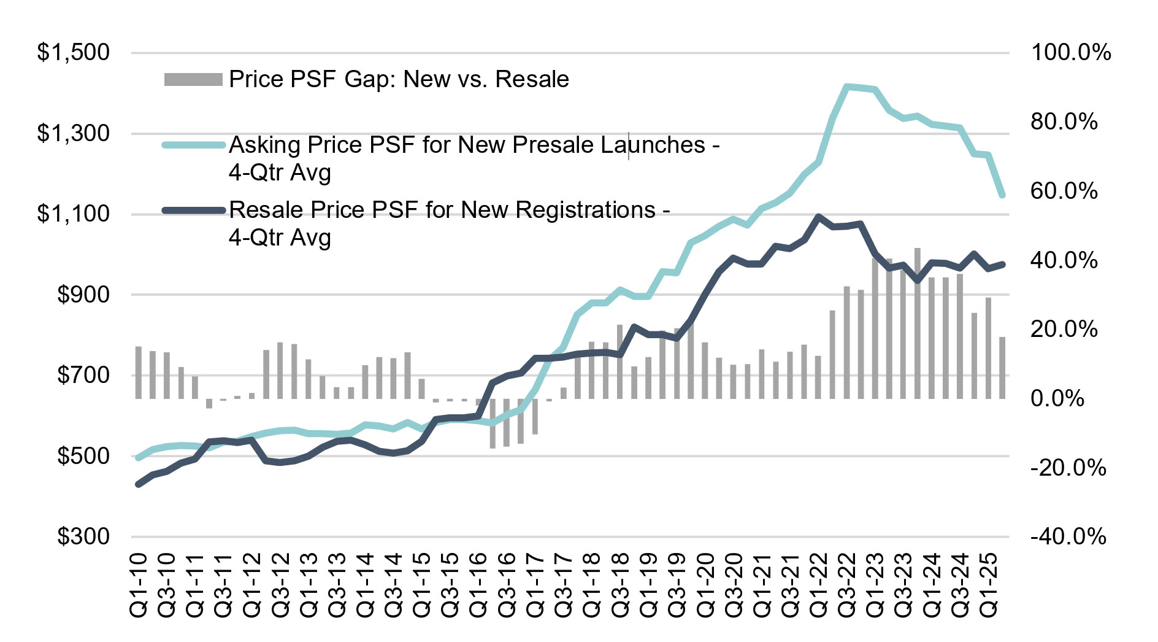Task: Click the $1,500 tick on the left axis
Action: [x=74, y=53]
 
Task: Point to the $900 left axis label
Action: [x=83, y=295]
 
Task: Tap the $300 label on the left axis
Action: [x=83, y=536]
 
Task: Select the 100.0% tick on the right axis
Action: [x=1071, y=53]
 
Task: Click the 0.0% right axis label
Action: [x=1057, y=399]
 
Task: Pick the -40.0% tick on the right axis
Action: [x=1068, y=537]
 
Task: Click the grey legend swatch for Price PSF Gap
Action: [x=193, y=80]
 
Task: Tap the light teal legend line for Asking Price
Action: [x=193, y=145]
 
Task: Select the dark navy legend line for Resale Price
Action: [x=193, y=211]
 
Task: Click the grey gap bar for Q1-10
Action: [x=139, y=373]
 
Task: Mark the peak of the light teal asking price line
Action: [x=846, y=87]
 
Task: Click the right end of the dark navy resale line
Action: [x=1002, y=264]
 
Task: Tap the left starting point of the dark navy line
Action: [x=138, y=484]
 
